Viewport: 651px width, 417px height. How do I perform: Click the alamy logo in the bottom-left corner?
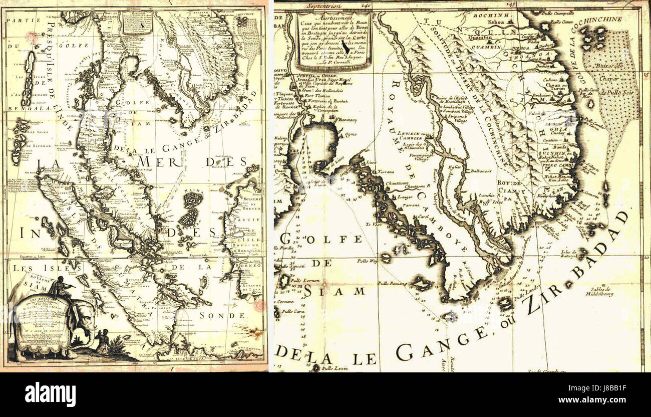coord(50,394)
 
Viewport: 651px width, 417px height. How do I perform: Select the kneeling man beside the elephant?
coord(103,341)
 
